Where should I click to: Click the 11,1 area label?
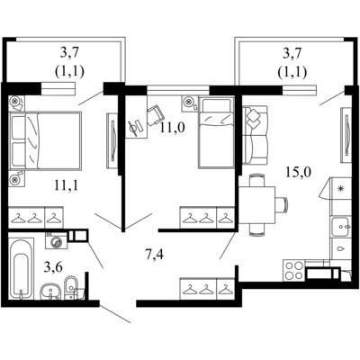coord(67,185)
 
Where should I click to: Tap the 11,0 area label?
coord(172,128)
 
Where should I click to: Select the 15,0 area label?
coord(299,173)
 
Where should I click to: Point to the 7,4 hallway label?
coord(154,256)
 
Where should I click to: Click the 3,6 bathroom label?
coord(53,267)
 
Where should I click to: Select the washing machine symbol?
coord(57,240)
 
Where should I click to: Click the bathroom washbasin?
coord(51,292)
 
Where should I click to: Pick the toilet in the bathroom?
coord(72,287)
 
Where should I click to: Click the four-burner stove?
coord(293,271)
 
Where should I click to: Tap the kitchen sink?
coord(341,227)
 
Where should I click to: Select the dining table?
coord(256,206)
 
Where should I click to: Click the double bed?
coord(46,140)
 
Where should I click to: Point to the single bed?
coord(216,132)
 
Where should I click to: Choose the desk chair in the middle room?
coord(156,115)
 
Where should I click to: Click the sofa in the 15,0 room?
coord(255,135)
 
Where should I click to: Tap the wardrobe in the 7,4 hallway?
coord(207,289)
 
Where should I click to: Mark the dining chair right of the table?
coord(282,205)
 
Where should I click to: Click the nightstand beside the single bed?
coord(190,103)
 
